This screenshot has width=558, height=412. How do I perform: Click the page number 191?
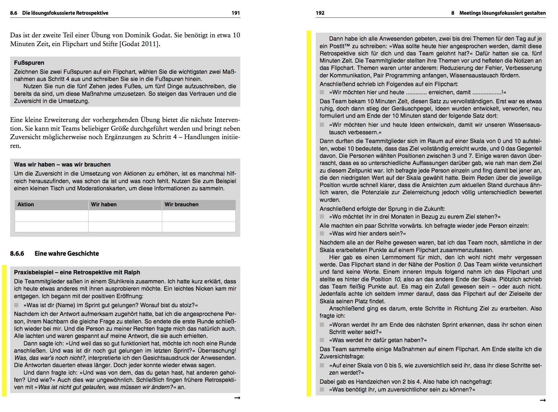coord(236,13)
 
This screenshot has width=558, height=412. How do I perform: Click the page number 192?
coord(320,13)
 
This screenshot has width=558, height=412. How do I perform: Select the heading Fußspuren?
coord(29,63)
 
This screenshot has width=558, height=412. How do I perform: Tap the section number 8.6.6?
coord(17,254)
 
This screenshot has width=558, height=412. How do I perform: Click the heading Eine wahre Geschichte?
coord(67,254)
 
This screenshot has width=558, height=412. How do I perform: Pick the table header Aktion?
coord(26,204)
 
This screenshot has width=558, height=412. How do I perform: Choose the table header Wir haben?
coord(104,204)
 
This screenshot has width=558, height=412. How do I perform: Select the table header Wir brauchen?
coord(181,204)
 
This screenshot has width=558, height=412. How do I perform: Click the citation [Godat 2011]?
coord(139,44)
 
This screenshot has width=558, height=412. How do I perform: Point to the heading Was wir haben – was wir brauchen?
coord(62,164)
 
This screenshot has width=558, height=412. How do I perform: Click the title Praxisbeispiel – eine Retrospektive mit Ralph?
coord(77,272)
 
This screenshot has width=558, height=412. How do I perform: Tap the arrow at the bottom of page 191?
coord(237,398)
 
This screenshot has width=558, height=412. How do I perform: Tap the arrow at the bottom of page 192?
coord(543,400)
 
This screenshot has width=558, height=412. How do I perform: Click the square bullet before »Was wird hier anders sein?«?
coord(322,233)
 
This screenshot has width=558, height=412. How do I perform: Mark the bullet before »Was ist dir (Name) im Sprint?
coord(16,305)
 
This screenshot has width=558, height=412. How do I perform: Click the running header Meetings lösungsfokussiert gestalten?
coord(502,13)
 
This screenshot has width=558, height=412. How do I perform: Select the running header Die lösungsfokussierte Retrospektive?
coord(65,13)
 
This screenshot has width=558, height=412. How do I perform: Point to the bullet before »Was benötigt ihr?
coord(322,389)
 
